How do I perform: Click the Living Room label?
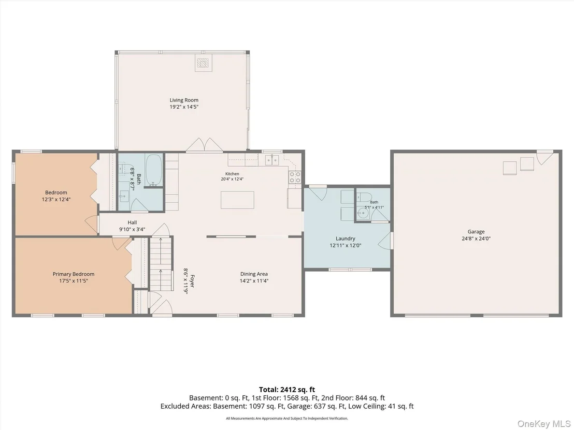point(184,100)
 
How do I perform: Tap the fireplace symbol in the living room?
point(203,64)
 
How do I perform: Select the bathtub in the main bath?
point(154,170)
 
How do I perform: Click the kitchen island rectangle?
point(237,200)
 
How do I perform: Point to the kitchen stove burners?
point(295,177)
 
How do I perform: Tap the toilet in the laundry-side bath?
point(364,197)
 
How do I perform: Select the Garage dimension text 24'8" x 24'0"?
point(476,239)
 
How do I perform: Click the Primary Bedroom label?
point(73,274)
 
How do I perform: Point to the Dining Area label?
point(254,274)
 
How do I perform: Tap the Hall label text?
point(132,223)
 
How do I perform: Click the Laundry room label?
point(345,239)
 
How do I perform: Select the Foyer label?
point(192,281)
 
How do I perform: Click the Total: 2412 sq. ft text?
point(287,390)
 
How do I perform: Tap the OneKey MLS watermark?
point(543,423)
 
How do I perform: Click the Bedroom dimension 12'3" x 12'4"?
point(56,199)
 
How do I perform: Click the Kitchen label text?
point(232,174)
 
